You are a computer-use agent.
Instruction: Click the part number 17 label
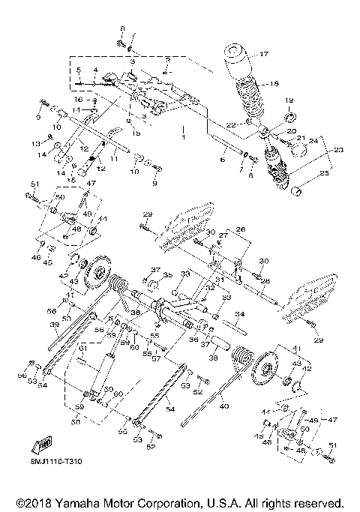pos(263,54)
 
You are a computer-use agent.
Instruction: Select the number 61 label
pos(82,349)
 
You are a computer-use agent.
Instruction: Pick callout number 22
pos(230,123)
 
